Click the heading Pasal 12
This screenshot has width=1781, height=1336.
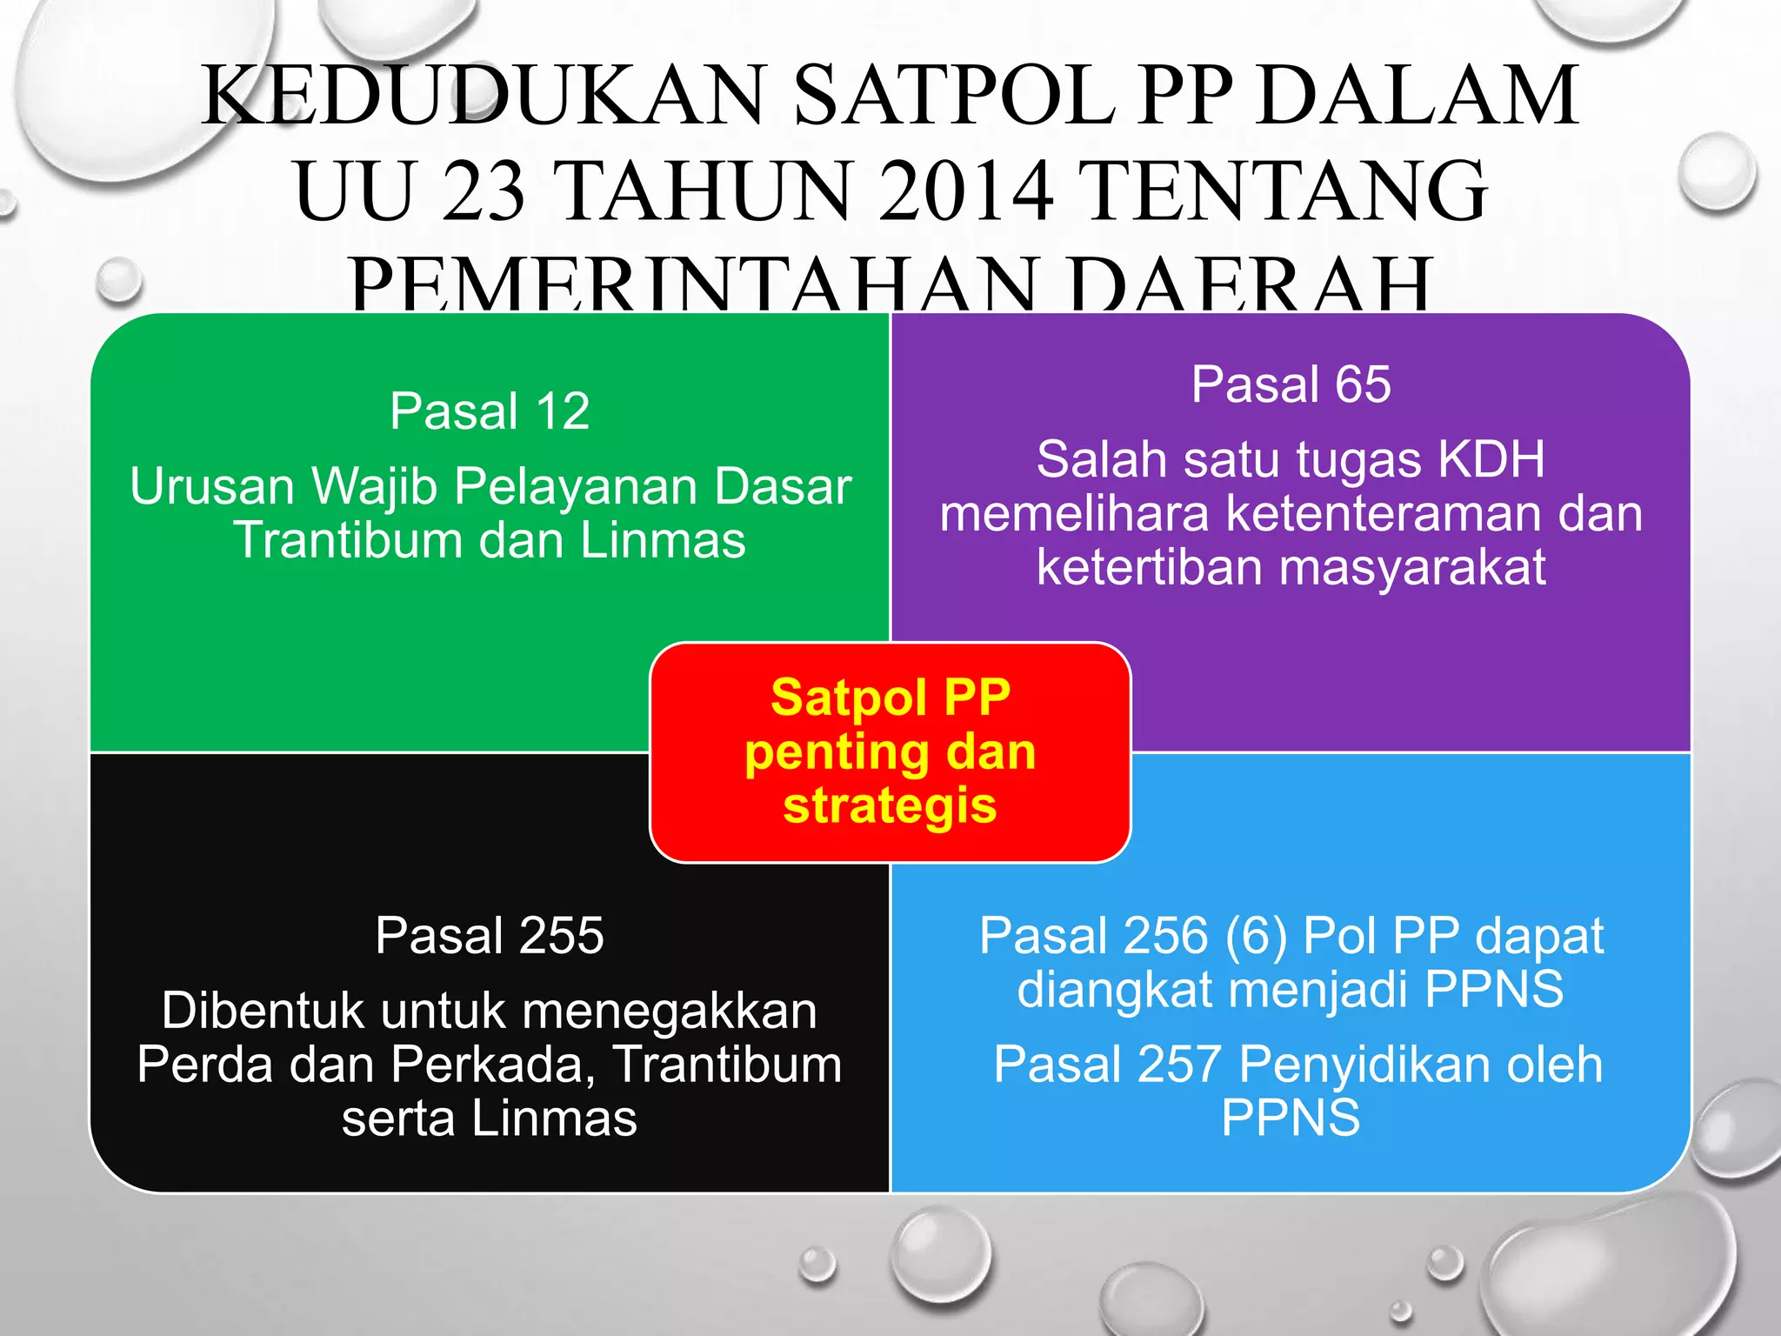(x=490, y=411)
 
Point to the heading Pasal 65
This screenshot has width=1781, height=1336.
(x=1291, y=384)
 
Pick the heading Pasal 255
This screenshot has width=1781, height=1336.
(x=490, y=936)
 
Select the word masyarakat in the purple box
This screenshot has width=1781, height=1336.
(x=1412, y=568)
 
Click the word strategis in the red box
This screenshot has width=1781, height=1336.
(x=890, y=805)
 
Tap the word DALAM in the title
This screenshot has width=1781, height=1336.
(x=1417, y=96)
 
